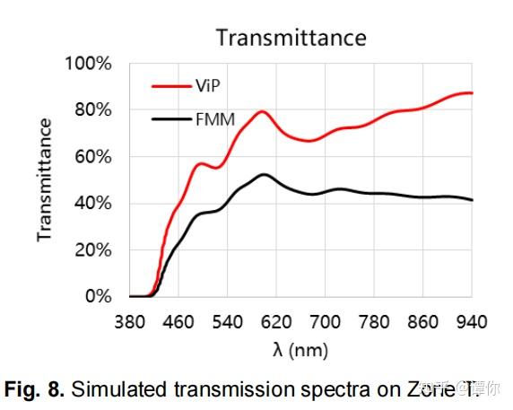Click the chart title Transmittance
(291, 38)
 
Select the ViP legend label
(207, 86)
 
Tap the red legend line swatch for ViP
(170, 86)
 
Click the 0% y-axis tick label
(100, 297)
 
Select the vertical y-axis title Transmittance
(44, 179)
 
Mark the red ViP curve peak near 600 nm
(262, 112)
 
